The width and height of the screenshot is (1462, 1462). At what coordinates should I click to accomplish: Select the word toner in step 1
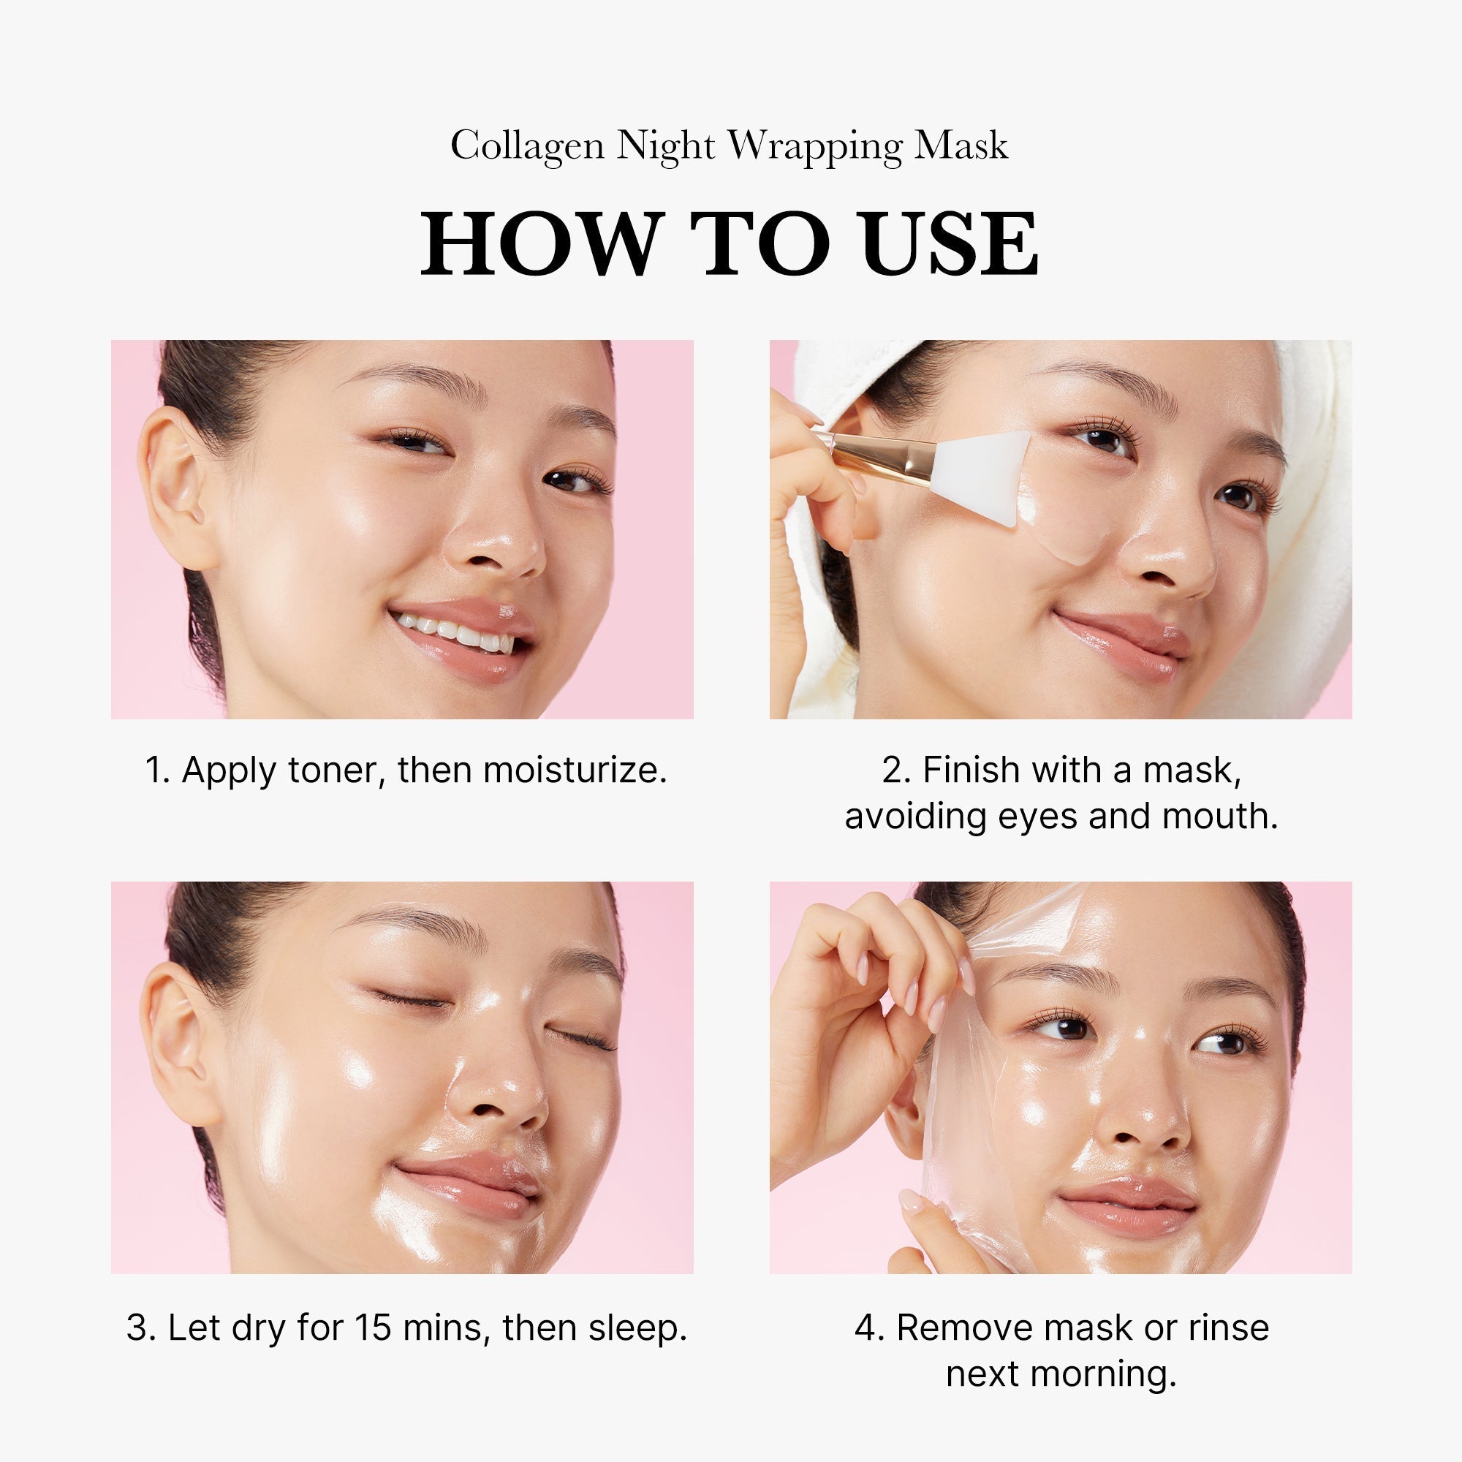tap(331, 770)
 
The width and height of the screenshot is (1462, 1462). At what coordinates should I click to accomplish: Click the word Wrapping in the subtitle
tap(815, 146)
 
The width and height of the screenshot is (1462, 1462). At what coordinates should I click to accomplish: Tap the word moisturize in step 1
tap(575, 770)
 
